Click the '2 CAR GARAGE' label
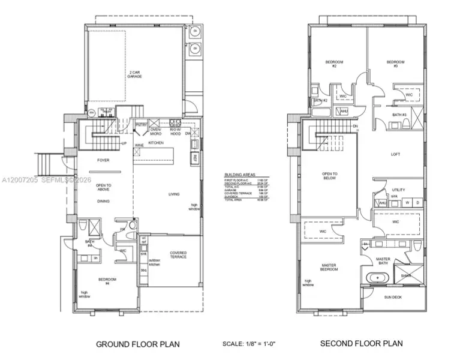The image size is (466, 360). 134,75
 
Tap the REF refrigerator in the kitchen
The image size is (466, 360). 195,158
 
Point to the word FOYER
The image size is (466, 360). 103,160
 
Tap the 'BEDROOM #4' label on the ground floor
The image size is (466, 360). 108,281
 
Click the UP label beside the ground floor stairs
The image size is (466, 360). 124,143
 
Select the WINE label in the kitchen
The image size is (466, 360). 139,145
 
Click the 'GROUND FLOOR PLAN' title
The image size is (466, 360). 138,344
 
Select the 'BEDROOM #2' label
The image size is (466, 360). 333,64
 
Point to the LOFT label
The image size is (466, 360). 395,154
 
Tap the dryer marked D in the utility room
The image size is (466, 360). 417,203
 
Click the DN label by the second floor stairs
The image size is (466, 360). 355,127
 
